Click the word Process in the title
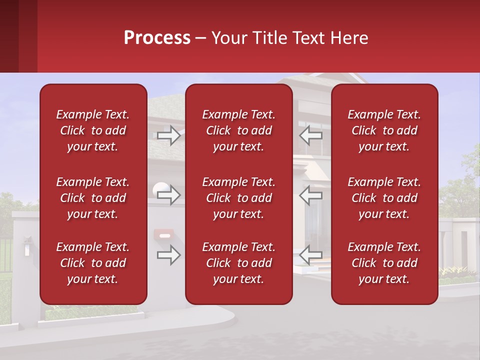point(157,38)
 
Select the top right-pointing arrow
point(169,135)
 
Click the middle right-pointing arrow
point(169,194)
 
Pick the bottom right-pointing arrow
point(169,255)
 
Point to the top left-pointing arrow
point(311,135)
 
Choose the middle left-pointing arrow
point(311,194)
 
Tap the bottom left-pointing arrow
point(311,255)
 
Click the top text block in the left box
point(93,130)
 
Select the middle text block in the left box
point(93,198)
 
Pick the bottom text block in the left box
point(93,263)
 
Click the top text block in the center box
point(239,130)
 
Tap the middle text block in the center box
point(239,198)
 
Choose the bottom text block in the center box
point(239,263)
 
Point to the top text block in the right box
point(384,130)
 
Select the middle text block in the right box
point(384,198)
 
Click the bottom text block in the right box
point(384,263)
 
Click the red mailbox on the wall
point(164,234)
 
